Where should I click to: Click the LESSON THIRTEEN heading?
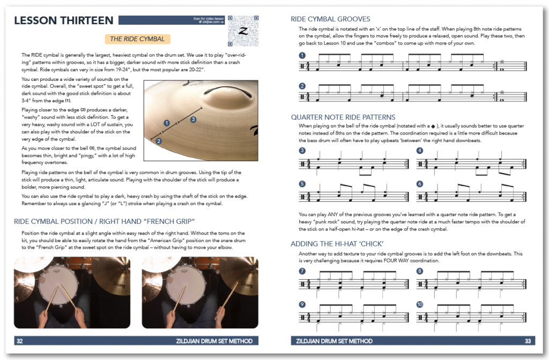(63, 21)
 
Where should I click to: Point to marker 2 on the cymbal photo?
(159, 141)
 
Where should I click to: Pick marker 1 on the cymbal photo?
(167, 123)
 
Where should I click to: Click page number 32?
(20, 341)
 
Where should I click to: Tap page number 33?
(528, 341)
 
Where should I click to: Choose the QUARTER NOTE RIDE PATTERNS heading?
(343, 117)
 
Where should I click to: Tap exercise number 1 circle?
(302, 55)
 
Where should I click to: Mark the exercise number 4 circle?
(419, 150)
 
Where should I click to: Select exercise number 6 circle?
(419, 184)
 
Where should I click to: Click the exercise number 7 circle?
(302, 271)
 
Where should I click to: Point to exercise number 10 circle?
(419, 304)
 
